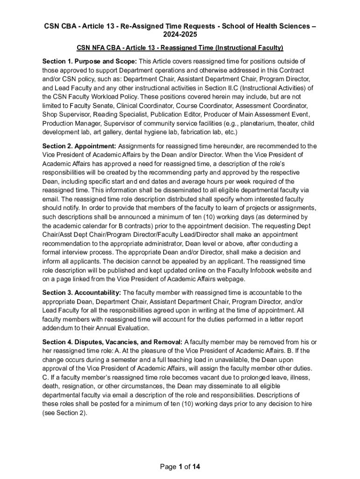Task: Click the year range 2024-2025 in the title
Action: click(180, 35)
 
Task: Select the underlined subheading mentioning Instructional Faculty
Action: click(180, 48)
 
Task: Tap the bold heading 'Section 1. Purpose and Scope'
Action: click(89, 61)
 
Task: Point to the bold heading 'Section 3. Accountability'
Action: click(81, 292)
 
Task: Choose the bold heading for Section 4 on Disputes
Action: click(113, 341)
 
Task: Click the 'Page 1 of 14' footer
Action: click(180, 466)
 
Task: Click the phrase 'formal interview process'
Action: click(79, 253)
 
